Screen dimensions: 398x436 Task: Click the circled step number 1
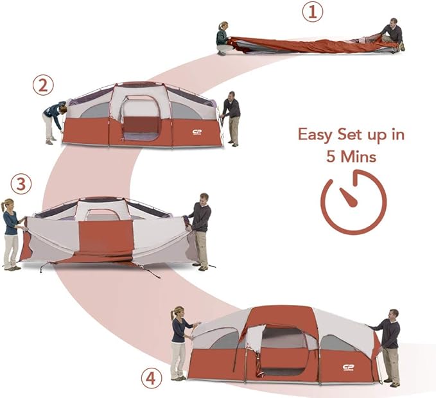(x=313, y=12)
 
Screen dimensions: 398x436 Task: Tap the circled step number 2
(x=44, y=85)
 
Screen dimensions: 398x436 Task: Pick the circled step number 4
(x=150, y=379)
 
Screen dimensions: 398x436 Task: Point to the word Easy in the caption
(x=316, y=135)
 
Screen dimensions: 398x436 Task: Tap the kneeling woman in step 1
(x=223, y=39)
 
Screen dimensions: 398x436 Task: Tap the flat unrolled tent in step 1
(x=308, y=44)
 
